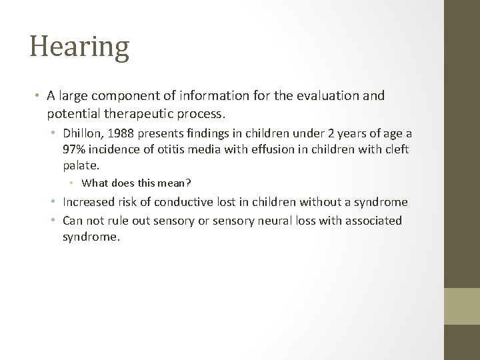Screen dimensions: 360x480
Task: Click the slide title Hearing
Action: (x=79, y=48)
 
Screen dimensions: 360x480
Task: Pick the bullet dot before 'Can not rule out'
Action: (x=57, y=220)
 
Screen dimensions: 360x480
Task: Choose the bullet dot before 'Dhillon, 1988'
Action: (x=57, y=133)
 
